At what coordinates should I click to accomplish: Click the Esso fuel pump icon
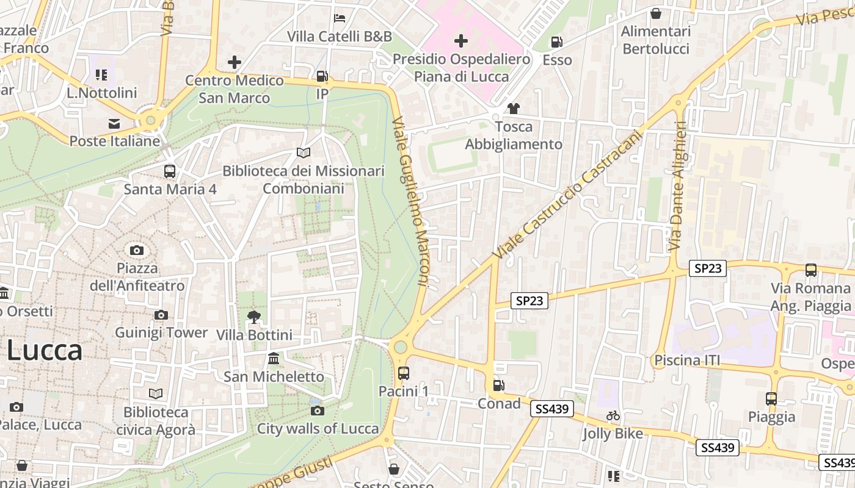[x=556, y=42]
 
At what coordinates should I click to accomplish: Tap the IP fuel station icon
[x=322, y=76]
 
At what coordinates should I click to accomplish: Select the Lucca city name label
[x=45, y=351]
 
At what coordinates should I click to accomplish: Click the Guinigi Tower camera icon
[x=161, y=315]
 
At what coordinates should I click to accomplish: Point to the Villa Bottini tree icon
[x=253, y=317]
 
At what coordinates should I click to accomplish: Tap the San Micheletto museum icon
[x=274, y=358]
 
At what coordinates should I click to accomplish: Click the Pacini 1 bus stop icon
[x=403, y=373]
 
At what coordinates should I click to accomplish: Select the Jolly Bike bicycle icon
[x=613, y=415]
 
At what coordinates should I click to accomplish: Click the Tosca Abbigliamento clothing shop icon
[x=513, y=109]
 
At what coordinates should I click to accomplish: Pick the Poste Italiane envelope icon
[x=114, y=124]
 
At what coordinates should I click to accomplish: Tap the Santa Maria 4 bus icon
[x=170, y=171]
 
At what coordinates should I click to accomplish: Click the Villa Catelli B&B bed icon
[x=340, y=18]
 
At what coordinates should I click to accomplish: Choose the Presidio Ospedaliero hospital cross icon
[x=461, y=41]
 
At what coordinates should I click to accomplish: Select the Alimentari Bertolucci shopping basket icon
[x=656, y=13]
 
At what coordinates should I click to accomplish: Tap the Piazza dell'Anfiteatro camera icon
[x=137, y=250]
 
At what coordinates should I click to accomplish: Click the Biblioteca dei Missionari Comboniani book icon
[x=304, y=152]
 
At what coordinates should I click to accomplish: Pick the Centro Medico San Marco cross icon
[x=235, y=62]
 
